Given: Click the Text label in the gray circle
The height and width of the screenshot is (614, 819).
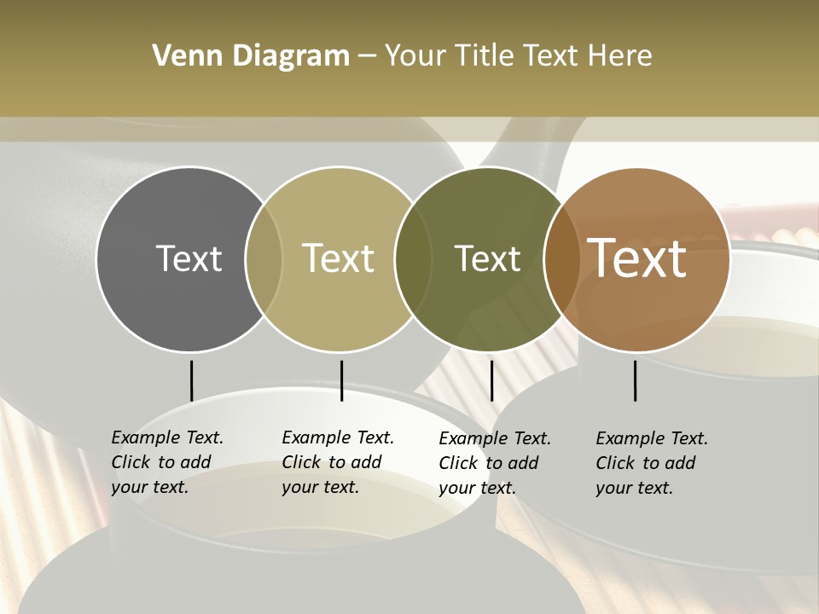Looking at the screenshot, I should click(189, 258).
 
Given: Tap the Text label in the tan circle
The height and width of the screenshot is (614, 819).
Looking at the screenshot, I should click(339, 258).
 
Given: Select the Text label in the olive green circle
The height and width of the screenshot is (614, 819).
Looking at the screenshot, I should click(487, 258).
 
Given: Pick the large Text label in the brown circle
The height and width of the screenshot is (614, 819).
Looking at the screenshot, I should click(637, 258).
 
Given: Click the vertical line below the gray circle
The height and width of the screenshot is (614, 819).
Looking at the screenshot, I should click(191, 380).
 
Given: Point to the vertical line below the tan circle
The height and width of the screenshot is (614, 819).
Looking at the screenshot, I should click(341, 380).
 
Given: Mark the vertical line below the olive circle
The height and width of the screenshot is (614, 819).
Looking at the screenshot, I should click(491, 380).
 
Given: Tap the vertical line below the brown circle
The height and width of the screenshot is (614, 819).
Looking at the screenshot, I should click(635, 380).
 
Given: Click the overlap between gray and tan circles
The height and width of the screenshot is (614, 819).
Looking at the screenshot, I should click(264, 259).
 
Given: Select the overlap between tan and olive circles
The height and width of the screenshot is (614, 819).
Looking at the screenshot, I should click(413, 259).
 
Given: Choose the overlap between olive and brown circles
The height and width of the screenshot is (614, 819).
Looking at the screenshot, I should click(561, 259).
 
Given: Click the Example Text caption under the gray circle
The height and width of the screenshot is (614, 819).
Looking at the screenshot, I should click(167, 462).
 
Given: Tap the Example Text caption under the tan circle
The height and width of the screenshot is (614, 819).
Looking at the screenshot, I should click(338, 462).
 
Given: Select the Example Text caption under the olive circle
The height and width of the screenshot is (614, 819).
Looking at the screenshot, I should click(495, 463).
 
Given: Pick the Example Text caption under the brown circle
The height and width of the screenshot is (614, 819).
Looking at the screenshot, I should click(652, 463).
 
